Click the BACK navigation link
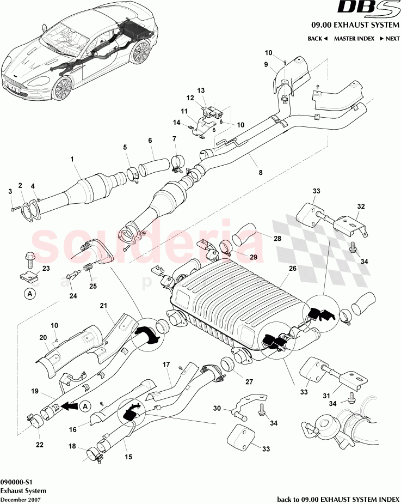[317, 39]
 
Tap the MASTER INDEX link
[353, 39]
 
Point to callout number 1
[71, 159]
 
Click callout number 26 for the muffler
[293, 268]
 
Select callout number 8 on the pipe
[261, 172]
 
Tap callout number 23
[46, 268]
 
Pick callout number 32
[361, 207]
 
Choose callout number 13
[200, 90]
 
